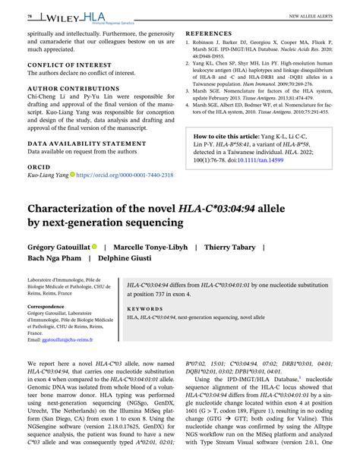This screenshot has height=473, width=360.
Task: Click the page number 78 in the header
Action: coord(30,15)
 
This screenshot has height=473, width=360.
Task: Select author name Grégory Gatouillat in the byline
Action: coord(58,247)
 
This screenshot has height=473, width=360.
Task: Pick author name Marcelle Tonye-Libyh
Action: coord(150,247)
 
